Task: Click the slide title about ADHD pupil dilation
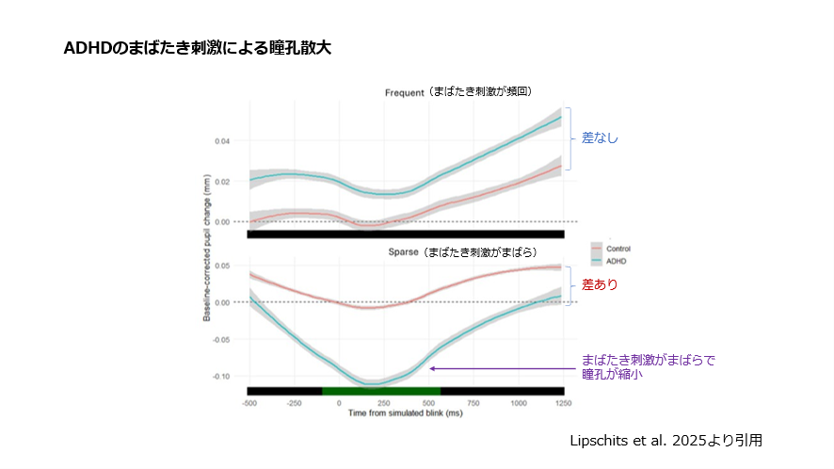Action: pos(197,48)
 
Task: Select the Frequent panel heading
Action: pos(460,92)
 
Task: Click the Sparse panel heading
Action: pos(463,252)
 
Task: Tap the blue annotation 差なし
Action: pos(600,137)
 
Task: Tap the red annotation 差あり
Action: pos(600,283)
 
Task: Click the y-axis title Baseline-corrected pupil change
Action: pos(207,252)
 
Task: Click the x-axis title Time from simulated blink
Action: pos(405,413)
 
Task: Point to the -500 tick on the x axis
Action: pos(249,403)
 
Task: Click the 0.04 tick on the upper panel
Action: pos(223,141)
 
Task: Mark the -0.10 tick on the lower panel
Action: pos(221,376)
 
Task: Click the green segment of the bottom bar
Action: pos(381,391)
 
